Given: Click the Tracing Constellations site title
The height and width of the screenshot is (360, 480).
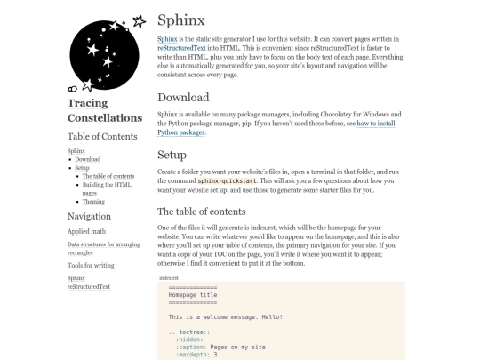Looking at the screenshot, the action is point(105,110).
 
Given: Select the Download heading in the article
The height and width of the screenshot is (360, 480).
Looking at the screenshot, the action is point(183,97).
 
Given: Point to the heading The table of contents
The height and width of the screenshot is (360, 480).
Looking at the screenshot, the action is point(214,212).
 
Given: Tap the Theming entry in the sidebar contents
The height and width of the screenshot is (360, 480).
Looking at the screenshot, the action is point(94,202).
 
